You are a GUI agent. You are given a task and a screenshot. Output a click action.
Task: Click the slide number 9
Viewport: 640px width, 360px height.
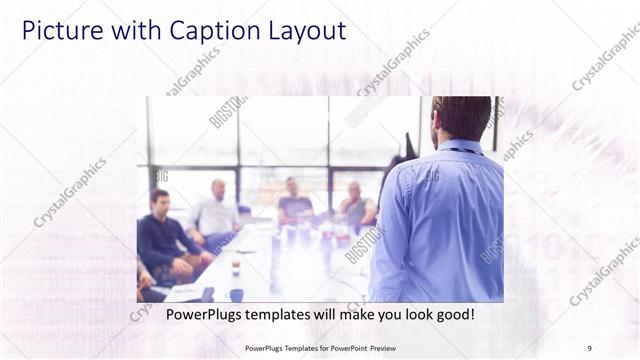click(x=589, y=347)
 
